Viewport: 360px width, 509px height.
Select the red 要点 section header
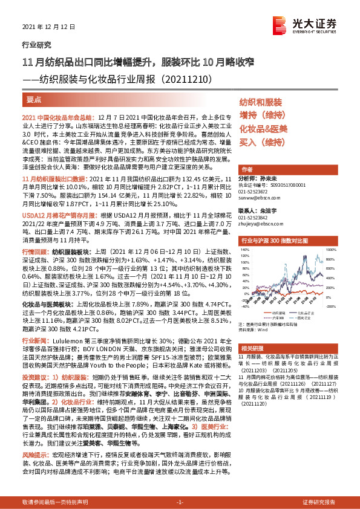point(34,99)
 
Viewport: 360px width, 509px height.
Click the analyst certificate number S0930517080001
point(284,186)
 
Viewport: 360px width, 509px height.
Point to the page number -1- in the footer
point(179,502)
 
